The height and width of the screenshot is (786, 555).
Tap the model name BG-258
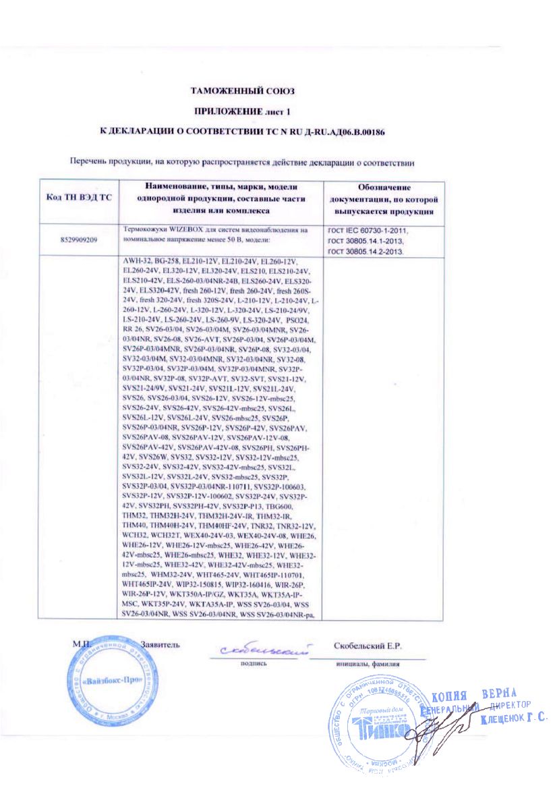pyautogui.click(x=167, y=260)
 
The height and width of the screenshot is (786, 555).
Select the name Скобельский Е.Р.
pyautogui.click(x=368, y=646)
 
